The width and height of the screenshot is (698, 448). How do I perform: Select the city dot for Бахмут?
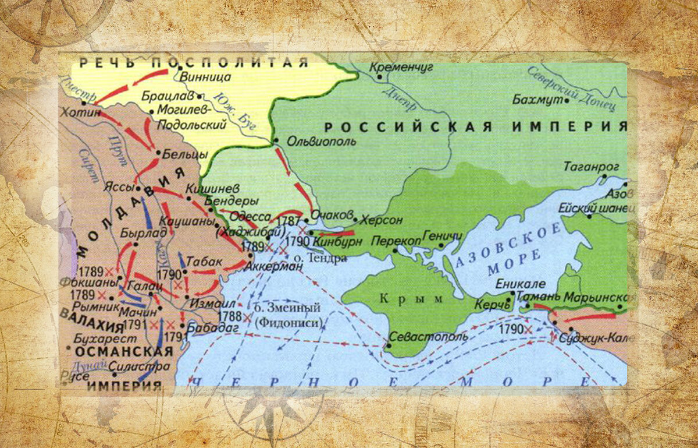pos(566,100)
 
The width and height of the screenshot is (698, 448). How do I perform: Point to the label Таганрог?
pos(591,167)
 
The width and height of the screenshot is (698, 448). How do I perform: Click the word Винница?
pos(206,77)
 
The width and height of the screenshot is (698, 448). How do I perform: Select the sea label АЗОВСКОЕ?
pos(509,245)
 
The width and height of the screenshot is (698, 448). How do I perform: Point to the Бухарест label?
pos(105,338)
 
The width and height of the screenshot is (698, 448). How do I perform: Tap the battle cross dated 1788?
pos(248,318)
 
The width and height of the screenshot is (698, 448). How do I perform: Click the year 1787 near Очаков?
pos(290,221)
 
